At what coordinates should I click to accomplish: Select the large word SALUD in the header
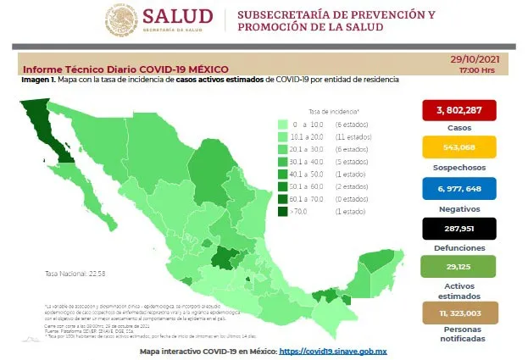(x=180, y=16)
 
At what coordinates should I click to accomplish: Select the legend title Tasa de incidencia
(x=333, y=112)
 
